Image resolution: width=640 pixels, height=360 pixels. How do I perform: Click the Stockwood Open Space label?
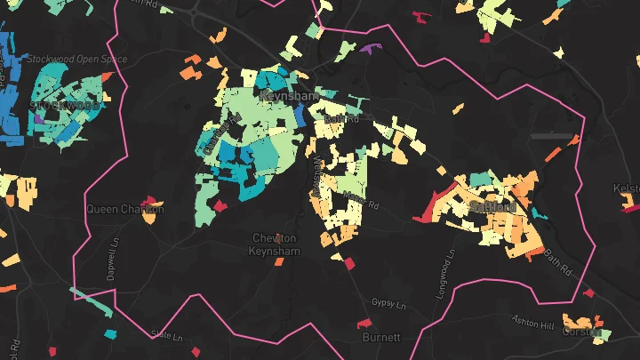coord(76,60)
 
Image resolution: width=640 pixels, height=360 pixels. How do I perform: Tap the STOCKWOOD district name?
coord(66,105)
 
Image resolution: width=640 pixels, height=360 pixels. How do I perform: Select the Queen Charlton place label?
coord(125,209)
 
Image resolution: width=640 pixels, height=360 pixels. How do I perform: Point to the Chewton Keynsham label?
coord(276,244)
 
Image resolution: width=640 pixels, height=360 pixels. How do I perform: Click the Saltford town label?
coord(492,207)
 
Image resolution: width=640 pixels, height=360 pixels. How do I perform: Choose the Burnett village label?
coord(382,338)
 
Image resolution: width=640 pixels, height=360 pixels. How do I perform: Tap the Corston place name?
coord(582,332)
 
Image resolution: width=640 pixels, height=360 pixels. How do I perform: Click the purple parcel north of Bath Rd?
coord(371,49)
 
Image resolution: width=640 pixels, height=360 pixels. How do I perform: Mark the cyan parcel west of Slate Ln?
coord(110,334)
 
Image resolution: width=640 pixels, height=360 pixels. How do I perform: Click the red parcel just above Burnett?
coord(363,323)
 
